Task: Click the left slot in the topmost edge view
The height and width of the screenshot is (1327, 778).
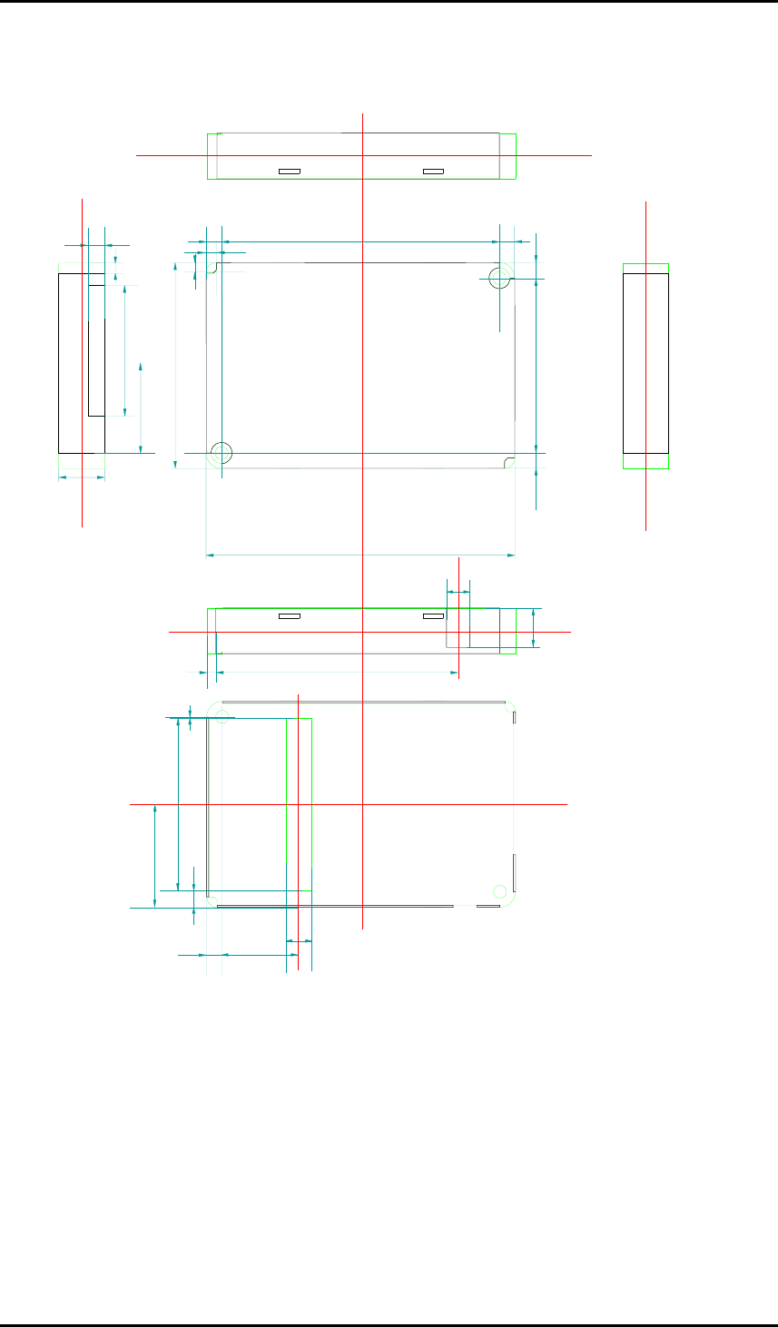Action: pos(289,171)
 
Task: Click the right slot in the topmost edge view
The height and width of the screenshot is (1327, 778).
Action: pos(434,171)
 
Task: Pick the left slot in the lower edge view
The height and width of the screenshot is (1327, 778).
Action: pos(289,616)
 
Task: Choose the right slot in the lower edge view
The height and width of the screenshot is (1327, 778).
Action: pos(434,616)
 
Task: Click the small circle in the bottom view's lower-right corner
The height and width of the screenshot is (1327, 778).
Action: pos(498,890)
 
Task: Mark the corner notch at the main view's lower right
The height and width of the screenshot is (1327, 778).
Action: pos(508,462)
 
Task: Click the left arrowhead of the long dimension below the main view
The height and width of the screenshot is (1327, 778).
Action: pos(210,554)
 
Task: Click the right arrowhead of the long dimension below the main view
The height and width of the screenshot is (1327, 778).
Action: pos(513,554)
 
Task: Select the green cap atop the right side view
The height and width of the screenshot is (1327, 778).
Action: pos(645,268)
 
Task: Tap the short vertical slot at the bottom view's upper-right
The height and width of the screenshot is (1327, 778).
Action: pos(514,718)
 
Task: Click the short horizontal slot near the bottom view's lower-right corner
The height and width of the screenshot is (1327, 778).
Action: pos(488,906)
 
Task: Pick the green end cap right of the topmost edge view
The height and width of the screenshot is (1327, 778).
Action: pos(507,155)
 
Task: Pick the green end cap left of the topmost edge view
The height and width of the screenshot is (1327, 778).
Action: pos(212,155)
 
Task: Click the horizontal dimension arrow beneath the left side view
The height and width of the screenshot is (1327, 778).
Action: pos(82,477)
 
